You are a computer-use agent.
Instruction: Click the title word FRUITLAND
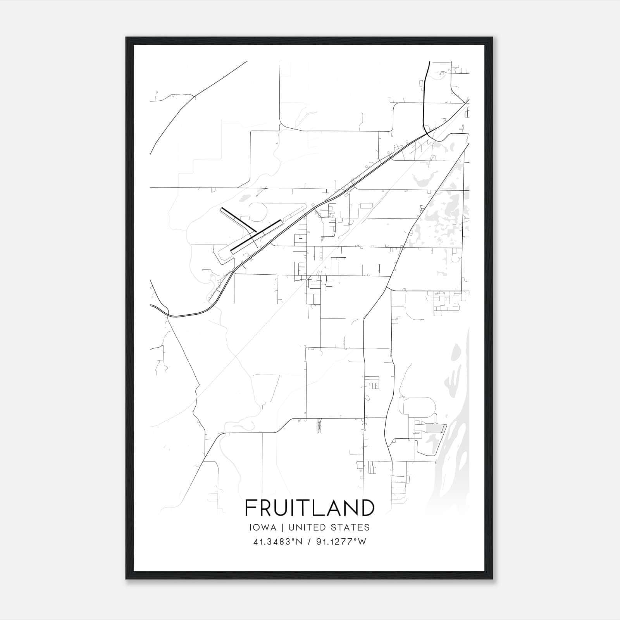pos(310,508)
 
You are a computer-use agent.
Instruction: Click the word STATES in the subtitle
pos(353,527)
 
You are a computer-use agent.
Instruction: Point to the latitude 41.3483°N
pos(277,542)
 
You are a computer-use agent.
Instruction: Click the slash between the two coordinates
pos(309,542)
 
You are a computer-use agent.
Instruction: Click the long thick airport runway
pos(256,237)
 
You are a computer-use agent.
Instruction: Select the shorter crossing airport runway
pos(237,220)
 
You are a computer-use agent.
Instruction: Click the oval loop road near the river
pos(418,407)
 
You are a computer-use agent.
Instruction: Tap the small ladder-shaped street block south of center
pos(372,382)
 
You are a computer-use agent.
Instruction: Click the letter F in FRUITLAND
pos(250,508)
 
